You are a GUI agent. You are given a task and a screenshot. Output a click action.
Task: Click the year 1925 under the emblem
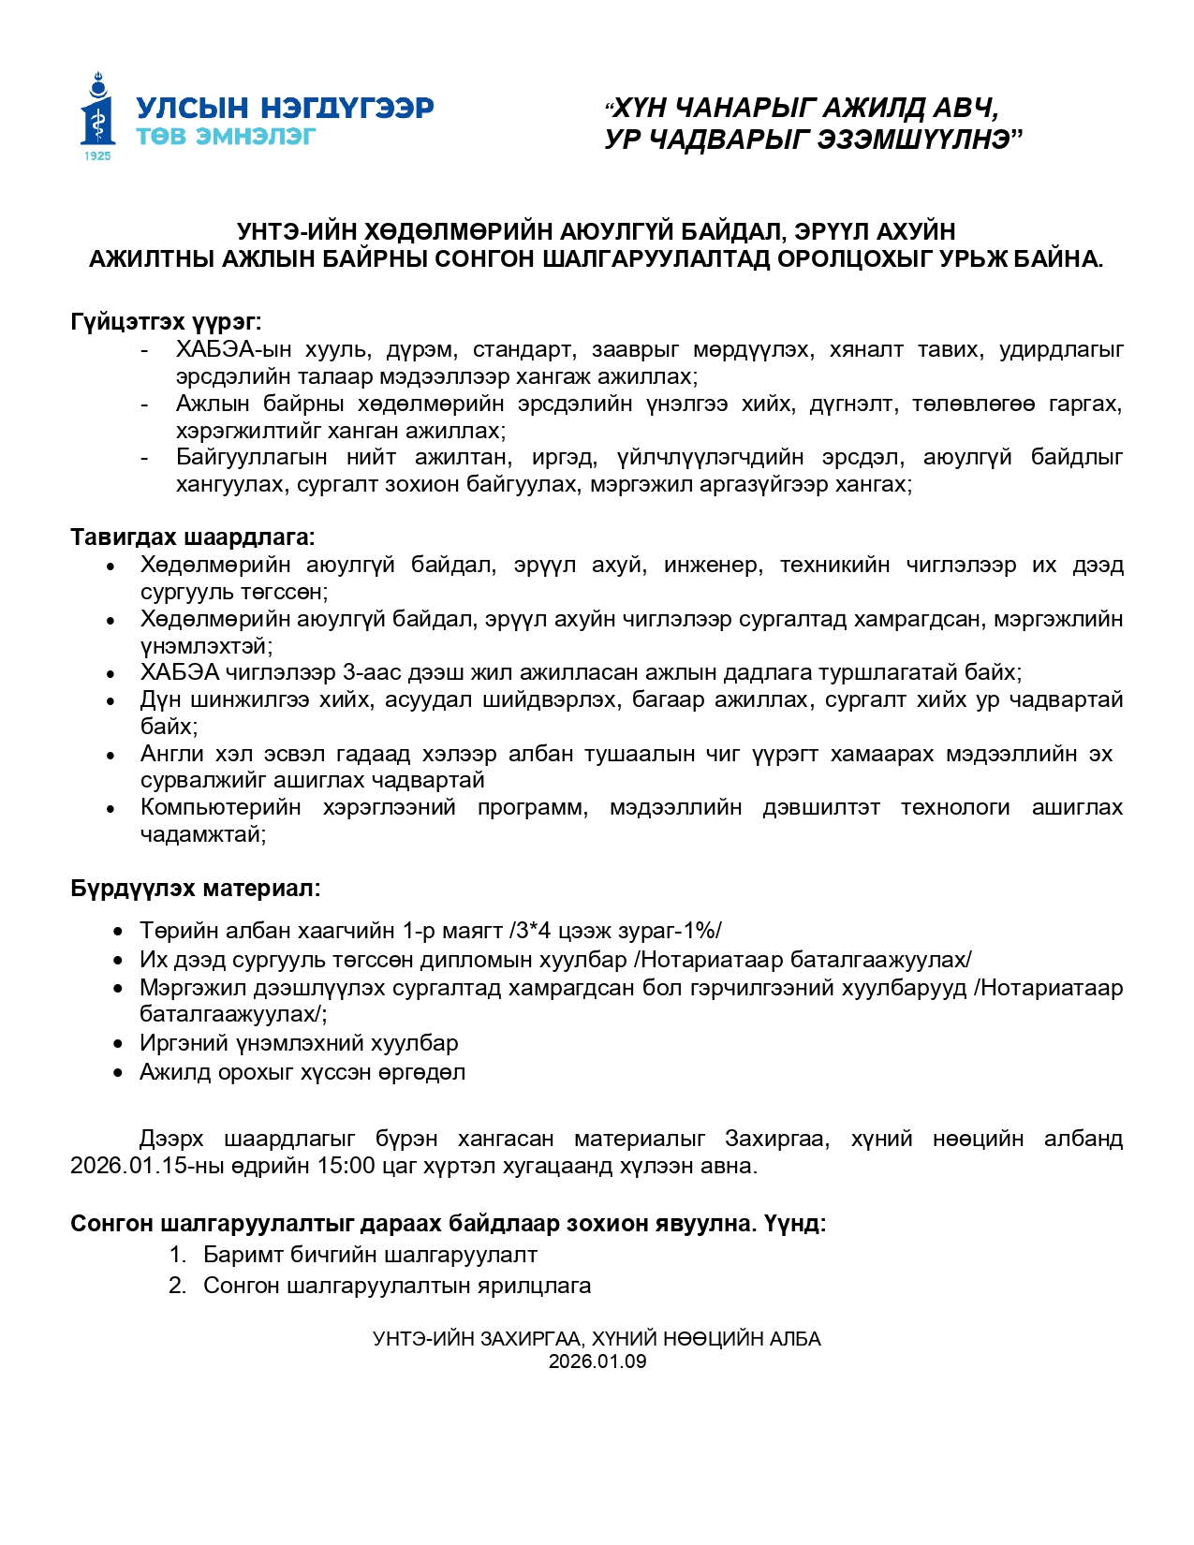(x=97, y=156)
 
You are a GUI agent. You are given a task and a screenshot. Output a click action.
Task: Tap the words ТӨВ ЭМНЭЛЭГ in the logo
(x=226, y=137)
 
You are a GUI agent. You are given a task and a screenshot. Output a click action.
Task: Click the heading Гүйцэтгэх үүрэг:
(x=166, y=322)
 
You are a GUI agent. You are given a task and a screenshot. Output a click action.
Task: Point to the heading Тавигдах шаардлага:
(x=192, y=537)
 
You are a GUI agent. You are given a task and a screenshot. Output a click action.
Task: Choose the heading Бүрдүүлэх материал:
(x=195, y=889)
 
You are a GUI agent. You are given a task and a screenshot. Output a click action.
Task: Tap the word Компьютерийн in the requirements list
(x=221, y=807)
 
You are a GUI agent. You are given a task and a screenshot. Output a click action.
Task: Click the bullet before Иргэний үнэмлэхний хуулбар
(x=118, y=1044)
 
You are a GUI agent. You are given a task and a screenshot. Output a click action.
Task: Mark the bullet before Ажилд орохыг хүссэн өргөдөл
(x=118, y=1073)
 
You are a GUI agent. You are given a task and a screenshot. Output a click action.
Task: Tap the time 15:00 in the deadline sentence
(x=347, y=1166)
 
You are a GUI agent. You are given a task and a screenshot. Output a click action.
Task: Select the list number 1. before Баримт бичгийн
(x=178, y=1255)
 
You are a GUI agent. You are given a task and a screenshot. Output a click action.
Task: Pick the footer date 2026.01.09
(x=597, y=1361)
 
